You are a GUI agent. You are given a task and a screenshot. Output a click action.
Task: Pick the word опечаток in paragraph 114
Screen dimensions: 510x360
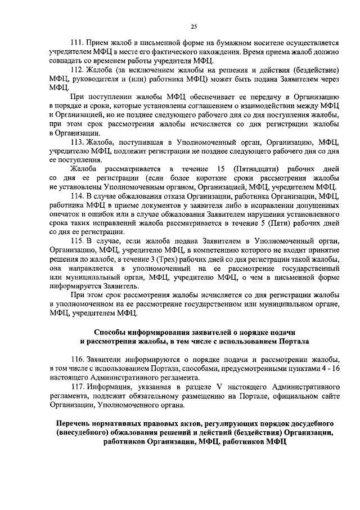coord(66,214)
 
